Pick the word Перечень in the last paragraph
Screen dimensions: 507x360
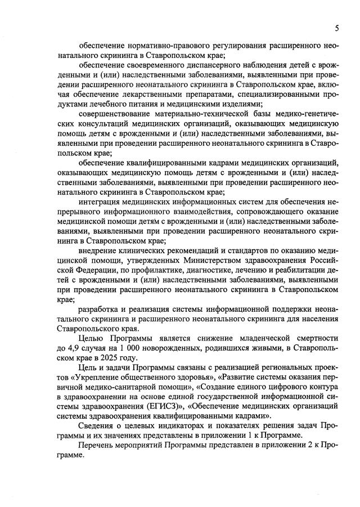[x=97, y=445]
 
